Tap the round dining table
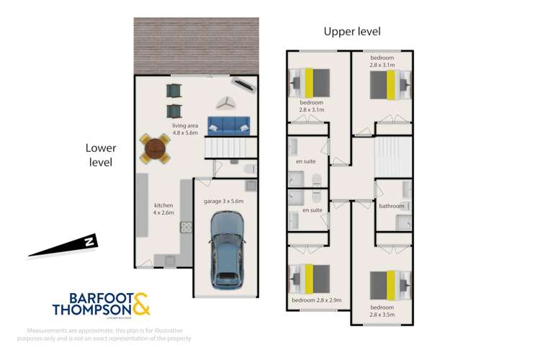[x=154, y=148]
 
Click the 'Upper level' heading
[x=352, y=31]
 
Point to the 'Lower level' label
[x=101, y=155]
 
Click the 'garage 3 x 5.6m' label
[x=224, y=201]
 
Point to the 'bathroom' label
[x=392, y=206]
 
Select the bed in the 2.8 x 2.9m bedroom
[x=310, y=276]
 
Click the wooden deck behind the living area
[x=195, y=45]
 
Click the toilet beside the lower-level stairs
[x=249, y=168]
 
